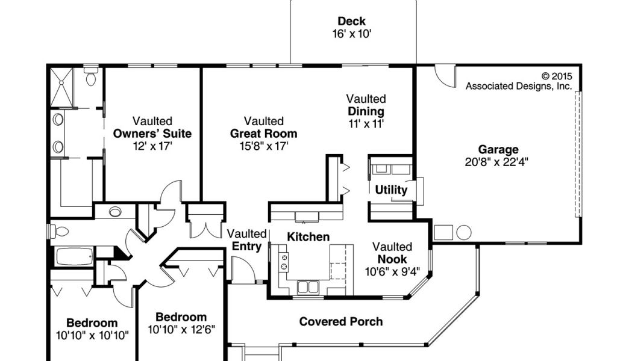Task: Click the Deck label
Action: [x=351, y=21]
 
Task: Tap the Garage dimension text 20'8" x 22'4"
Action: [x=496, y=162]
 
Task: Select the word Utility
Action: [x=391, y=190]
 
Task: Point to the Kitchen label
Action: [x=308, y=237]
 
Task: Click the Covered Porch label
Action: [x=341, y=322]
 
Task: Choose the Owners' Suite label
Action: [x=152, y=134]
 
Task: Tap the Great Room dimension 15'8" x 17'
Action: [x=264, y=146]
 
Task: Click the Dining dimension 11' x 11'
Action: [x=366, y=124]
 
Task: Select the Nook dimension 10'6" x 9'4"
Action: [x=392, y=271]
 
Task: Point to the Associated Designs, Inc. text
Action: [x=519, y=86]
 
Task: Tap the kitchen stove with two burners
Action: [x=283, y=262]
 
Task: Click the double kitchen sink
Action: [x=308, y=287]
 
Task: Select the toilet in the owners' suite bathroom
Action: [x=92, y=76]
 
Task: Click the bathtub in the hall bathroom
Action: [x=74, y=256]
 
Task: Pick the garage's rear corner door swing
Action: [x=445, y=76]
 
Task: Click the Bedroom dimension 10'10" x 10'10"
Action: [x=92, y=336]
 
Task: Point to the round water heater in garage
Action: [x=464, y=233]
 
